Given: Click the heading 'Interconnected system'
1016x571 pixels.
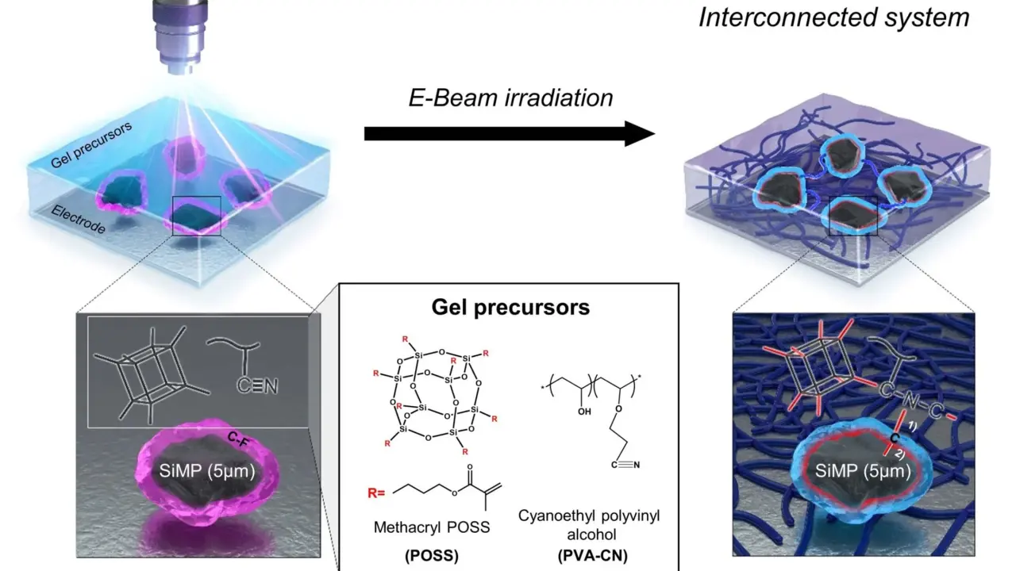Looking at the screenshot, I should click(833, 17).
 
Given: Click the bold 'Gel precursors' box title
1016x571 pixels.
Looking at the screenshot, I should click(510, 307).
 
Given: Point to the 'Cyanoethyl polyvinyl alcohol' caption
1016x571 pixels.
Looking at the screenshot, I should click(589, 525).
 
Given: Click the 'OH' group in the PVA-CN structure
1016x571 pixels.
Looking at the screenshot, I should click(584, 412).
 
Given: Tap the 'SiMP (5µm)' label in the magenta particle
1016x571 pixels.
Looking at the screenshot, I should click(208, 471).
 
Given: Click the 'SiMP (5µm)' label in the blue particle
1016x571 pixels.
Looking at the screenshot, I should click(863, 471).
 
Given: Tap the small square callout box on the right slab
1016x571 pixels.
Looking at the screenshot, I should click(853, 216).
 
